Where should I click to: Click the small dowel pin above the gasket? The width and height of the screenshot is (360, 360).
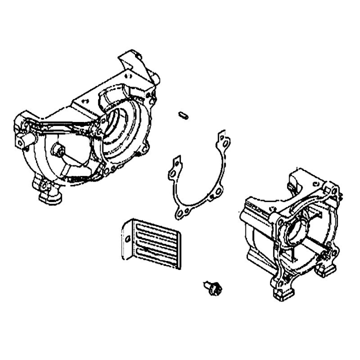pyautogui.click(x=183, y=115)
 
